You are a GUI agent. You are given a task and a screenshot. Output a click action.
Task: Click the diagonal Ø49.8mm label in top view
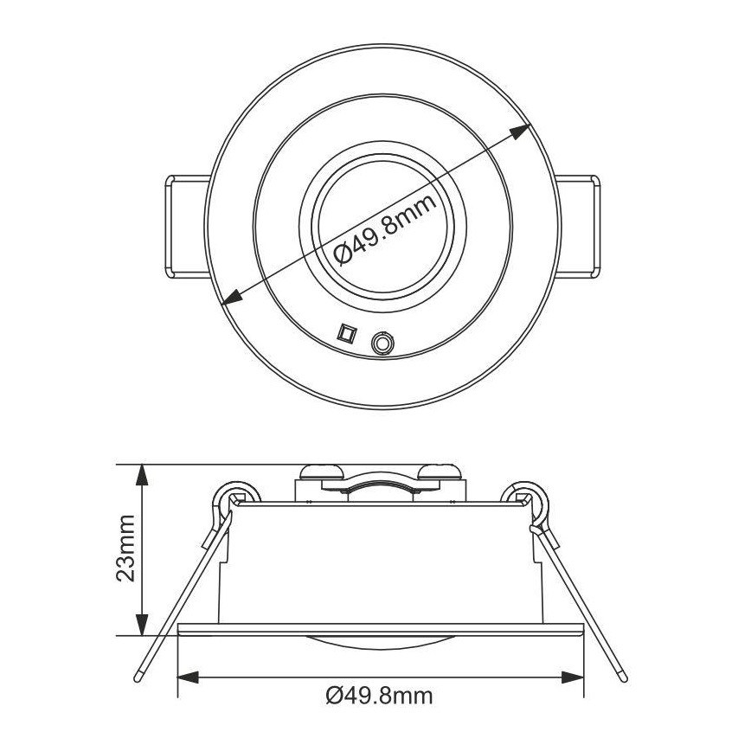(382, 228)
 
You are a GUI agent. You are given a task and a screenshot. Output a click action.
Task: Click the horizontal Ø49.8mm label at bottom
(381, 695)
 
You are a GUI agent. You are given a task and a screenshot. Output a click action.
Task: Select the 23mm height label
(126, 550)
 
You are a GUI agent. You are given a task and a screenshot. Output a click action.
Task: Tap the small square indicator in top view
(346, 334)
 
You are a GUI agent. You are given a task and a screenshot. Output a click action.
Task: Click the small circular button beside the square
(380, 343)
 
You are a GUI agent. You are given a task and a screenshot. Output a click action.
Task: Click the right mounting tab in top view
(575, 226)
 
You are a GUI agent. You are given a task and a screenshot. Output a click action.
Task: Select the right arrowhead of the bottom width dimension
(574, 676)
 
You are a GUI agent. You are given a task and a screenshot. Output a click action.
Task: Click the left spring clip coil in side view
(231, 497)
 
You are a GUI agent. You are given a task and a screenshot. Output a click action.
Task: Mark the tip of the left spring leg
(138, 674)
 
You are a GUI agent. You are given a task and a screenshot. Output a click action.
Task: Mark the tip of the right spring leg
(622, 674)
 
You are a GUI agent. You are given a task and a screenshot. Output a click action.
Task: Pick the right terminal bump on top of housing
(439, 472)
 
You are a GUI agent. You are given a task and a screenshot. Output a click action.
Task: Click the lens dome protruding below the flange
(381, 641)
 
